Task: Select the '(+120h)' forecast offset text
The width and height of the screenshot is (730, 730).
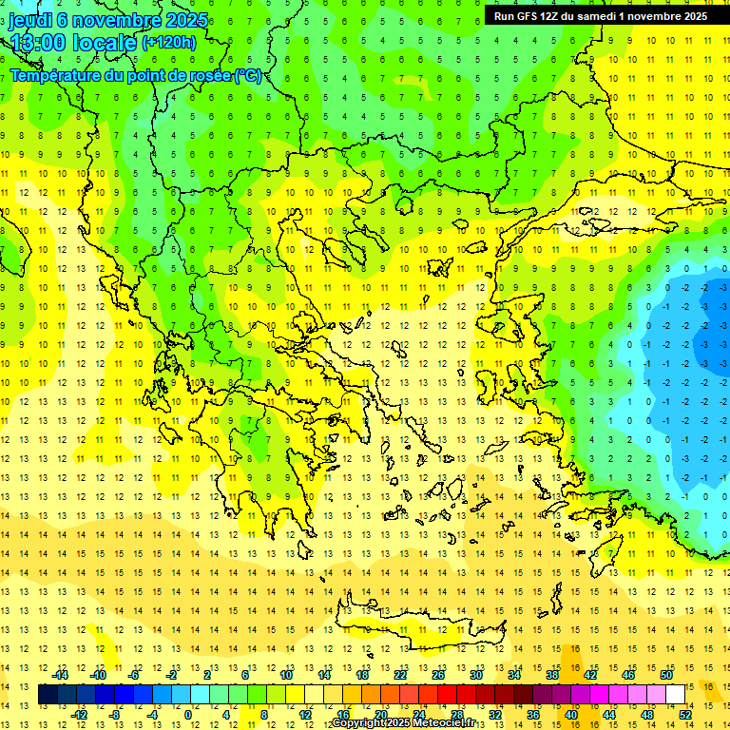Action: click(168, 42)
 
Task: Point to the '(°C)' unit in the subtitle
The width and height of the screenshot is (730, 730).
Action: click(247, 75)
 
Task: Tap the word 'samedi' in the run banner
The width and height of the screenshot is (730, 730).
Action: click(599, 16)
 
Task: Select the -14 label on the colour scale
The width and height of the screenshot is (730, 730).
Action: click(63, 675)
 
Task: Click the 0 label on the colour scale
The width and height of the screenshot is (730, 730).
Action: click(187, 714)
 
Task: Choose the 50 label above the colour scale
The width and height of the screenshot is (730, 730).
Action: click(665, 675)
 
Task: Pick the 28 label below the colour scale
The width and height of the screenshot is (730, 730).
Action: click(456, 714)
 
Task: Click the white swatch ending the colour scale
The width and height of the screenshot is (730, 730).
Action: click(676, 694)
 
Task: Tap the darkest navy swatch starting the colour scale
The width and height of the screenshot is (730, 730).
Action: click(48, 694)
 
